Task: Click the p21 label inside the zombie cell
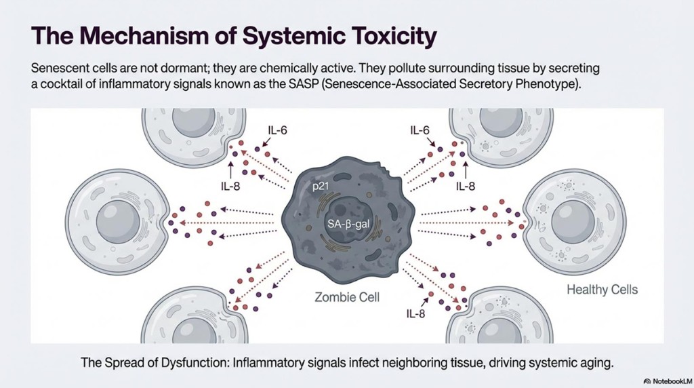321,186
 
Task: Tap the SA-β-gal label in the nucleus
348,224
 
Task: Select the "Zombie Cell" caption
347,296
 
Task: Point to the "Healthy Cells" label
603,290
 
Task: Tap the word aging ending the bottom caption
598,364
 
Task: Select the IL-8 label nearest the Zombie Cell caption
415,314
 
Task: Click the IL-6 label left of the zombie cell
277,130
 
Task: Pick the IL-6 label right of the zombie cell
420,130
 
